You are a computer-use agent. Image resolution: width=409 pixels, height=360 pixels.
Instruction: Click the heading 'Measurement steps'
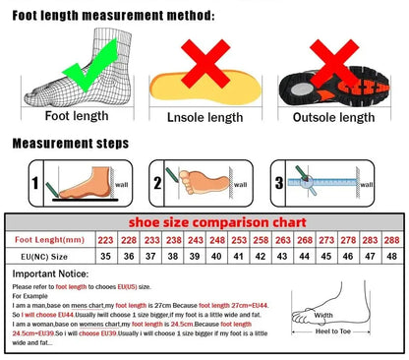coord(70,144)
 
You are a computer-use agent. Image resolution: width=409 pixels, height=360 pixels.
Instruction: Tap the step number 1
coord(35,183)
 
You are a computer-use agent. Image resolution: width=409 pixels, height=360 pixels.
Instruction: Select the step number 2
coord(156,183)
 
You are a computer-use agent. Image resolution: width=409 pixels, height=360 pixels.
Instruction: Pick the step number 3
coord(279,183)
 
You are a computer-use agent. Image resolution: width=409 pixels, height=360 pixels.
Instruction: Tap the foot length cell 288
coord(390,239)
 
